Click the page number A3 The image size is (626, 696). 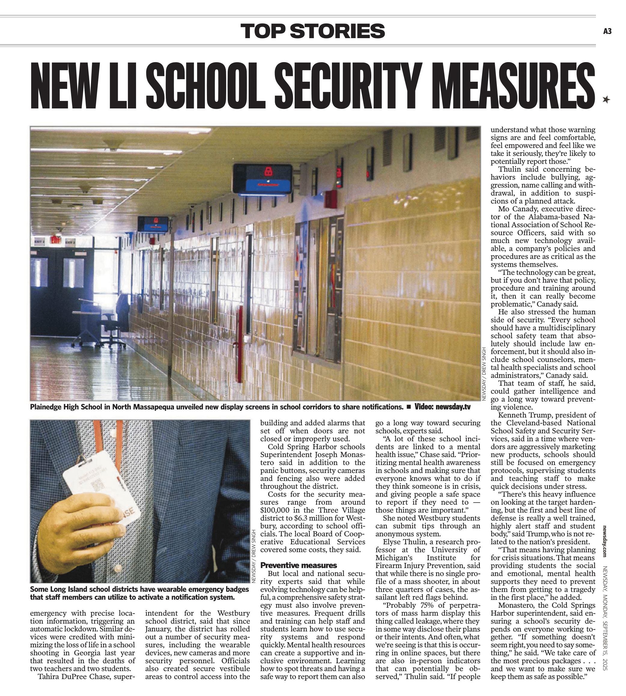(607, 31)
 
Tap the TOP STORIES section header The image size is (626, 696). (313, 31)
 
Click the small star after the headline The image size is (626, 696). (606, 100)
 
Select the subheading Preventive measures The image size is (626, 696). (299, 565)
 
